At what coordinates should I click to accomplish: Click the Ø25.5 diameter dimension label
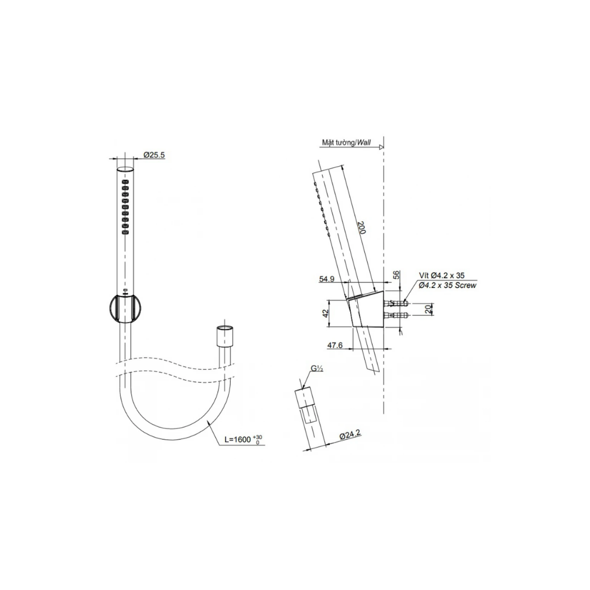point(154,155)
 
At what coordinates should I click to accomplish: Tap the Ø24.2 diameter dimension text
point(350,435)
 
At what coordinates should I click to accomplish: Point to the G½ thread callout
point(317,369)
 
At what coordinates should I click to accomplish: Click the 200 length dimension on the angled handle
point(361,228)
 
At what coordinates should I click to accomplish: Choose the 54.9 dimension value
point(327,279)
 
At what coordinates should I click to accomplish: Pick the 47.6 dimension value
point(335,345)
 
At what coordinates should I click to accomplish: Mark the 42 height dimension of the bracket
point(326,312)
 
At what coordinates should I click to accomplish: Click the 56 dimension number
point(396,275)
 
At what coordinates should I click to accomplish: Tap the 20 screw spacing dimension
point(428,309)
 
